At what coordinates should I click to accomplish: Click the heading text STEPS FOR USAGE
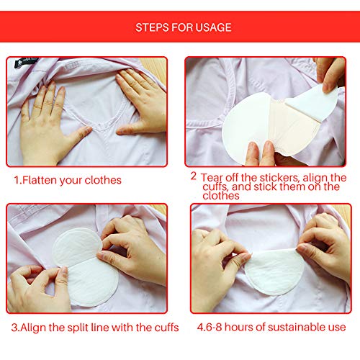[184, 27]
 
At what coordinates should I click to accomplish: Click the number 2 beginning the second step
[193, 176]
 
